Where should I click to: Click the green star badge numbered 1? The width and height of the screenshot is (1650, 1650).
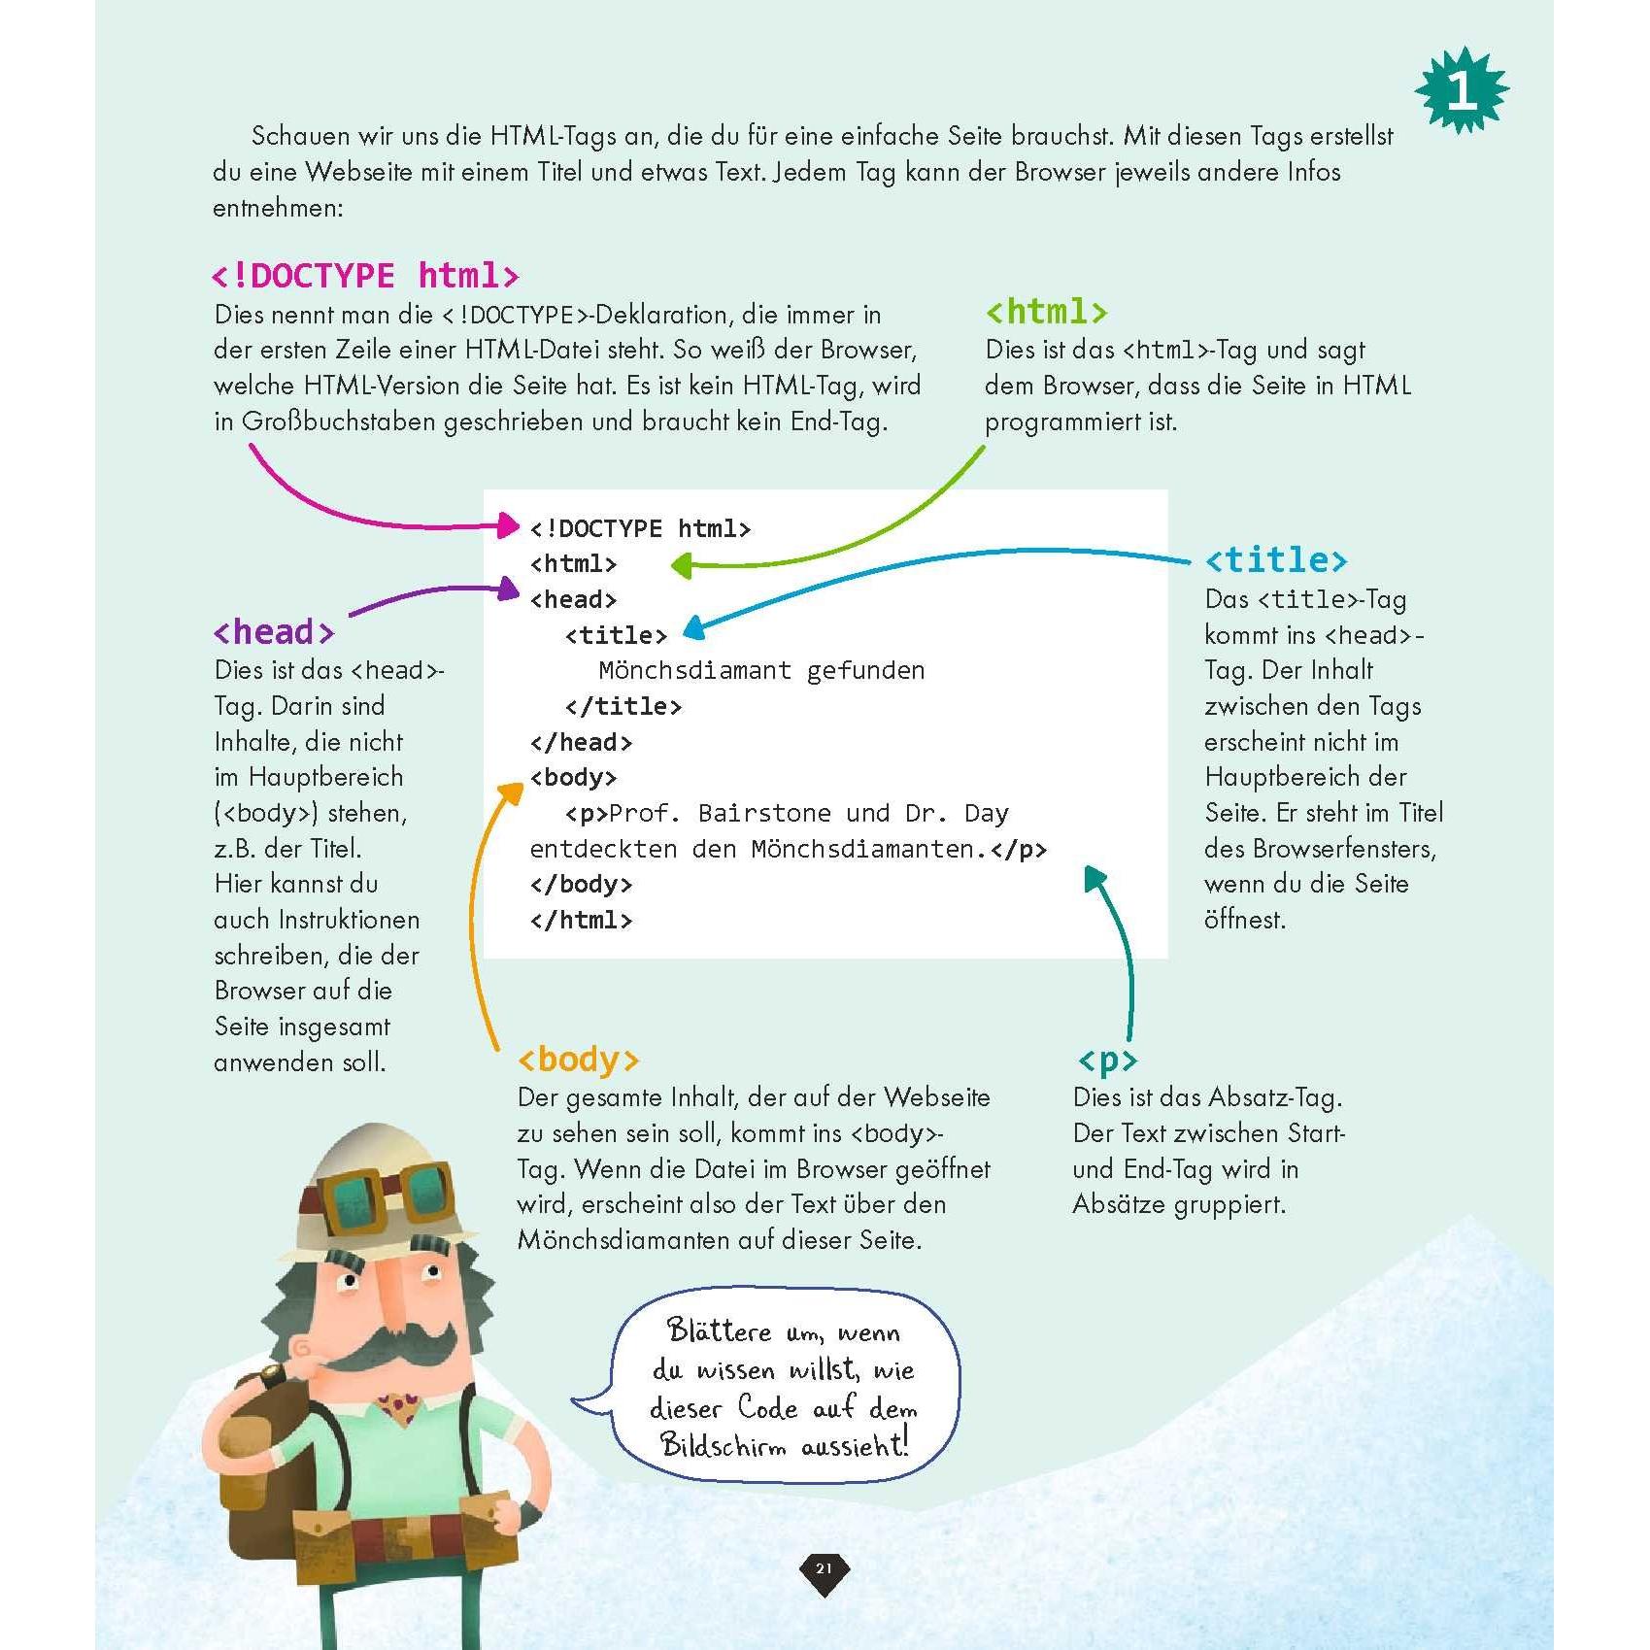coord(1462,90)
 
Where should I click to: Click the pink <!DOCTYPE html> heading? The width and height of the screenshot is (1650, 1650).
coord(365,276)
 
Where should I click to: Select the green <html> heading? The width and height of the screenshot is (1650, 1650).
coord(1046,312)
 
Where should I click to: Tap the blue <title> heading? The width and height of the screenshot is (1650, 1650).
coord(1275,560)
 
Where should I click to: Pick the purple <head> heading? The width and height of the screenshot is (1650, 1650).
coord(273,632)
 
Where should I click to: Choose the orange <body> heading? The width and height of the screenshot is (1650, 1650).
coord(578,1060)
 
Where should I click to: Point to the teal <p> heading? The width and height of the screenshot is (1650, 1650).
coord(1106,1060)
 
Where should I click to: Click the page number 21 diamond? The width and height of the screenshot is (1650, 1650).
coord(824,1568)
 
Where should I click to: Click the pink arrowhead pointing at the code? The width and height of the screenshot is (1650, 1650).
coord(509,525)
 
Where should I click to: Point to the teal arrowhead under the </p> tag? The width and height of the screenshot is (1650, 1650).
coord(1094,878)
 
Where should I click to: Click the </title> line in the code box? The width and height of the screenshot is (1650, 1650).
coord(623,706)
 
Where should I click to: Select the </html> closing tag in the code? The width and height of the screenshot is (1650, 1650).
coord(581,920)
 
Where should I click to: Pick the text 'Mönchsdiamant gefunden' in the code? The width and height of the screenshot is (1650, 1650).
coord(761,670)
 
